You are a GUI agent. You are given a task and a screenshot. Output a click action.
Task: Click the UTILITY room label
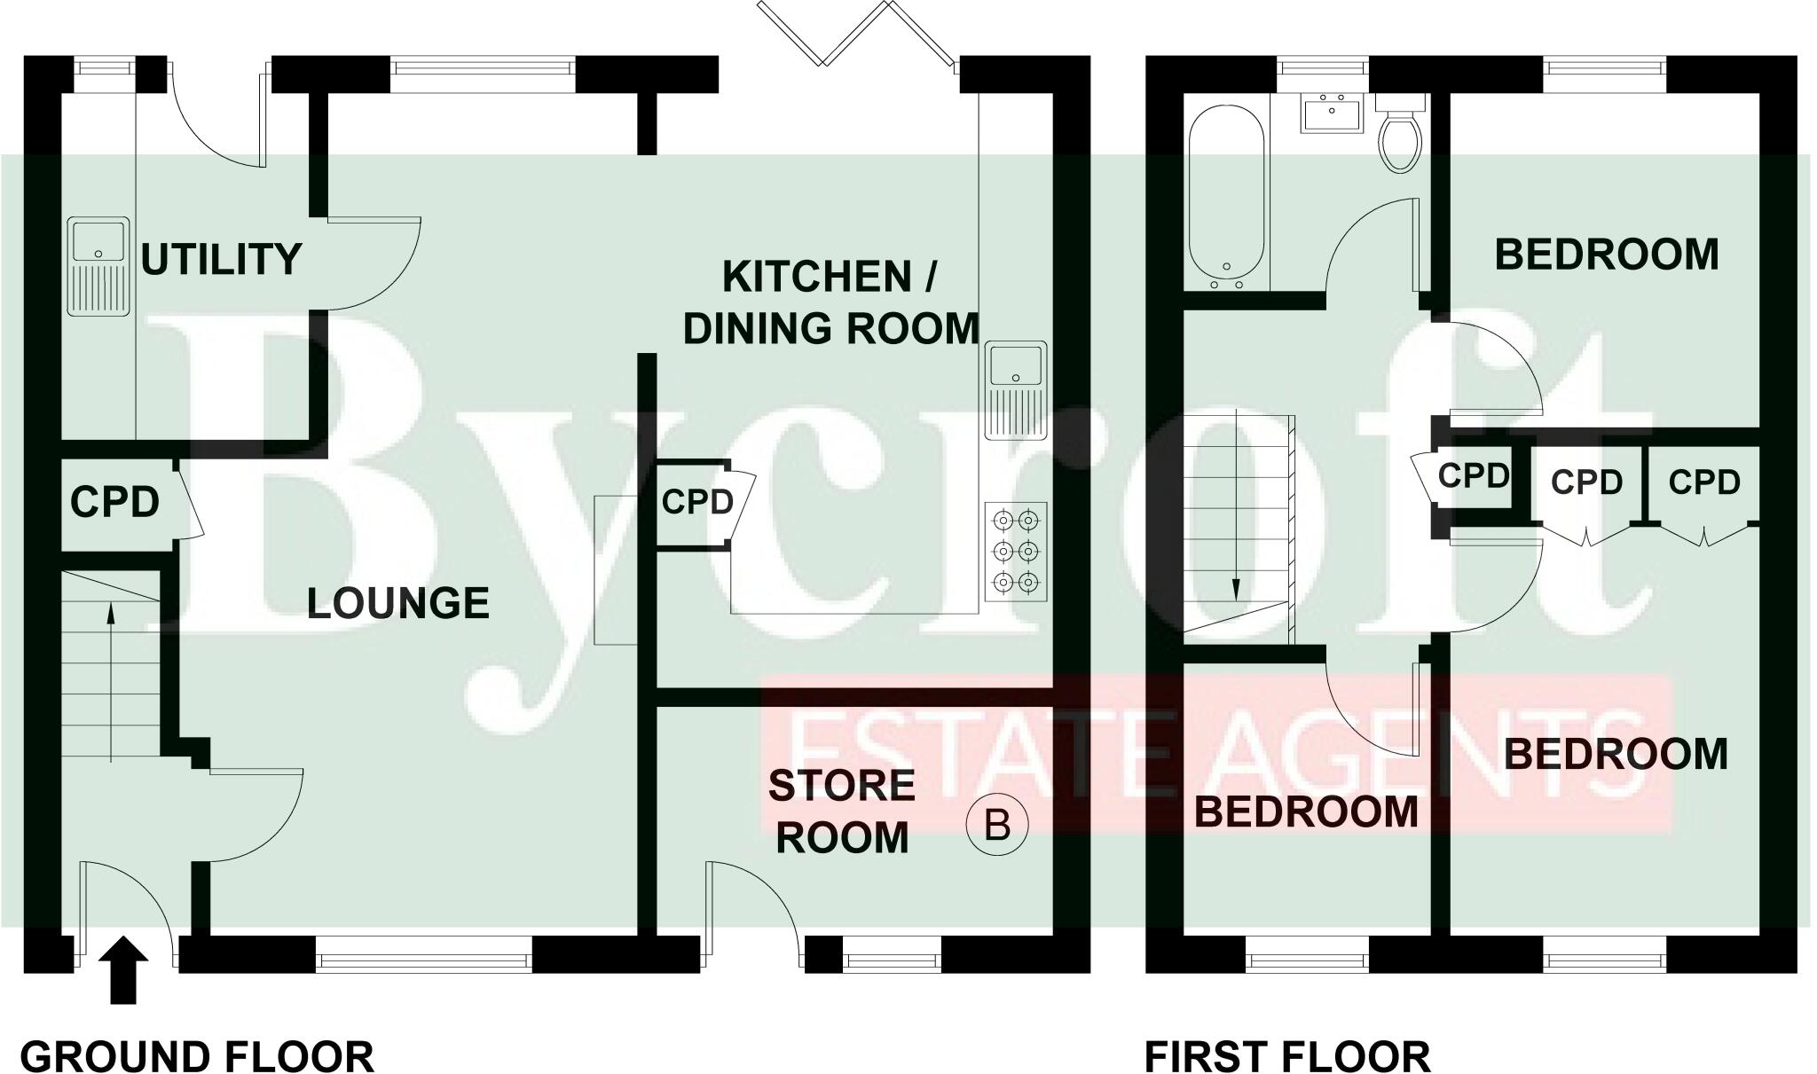click(221, 259)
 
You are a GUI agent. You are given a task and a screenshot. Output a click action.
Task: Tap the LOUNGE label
click(398, 604)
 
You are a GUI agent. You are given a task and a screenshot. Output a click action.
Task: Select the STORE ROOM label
click(842, 811)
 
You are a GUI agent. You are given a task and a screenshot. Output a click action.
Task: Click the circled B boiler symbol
click(997, 826)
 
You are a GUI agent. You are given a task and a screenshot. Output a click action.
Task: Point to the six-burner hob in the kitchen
click(1016, 550)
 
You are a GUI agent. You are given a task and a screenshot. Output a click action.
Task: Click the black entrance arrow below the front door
click(123, 971)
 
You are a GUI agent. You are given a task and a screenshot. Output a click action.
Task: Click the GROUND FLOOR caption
click(197, 1057)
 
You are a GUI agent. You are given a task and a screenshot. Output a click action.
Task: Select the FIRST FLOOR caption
click(1287, 1057)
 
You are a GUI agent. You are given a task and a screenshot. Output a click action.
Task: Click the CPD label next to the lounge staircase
click(114, 502)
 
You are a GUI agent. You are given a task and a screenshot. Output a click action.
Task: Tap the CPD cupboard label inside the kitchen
click(697, 503)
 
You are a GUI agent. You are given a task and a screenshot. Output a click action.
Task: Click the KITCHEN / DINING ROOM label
click(830, 302)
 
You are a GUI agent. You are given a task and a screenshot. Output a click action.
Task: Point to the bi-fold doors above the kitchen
click(856, 35)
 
